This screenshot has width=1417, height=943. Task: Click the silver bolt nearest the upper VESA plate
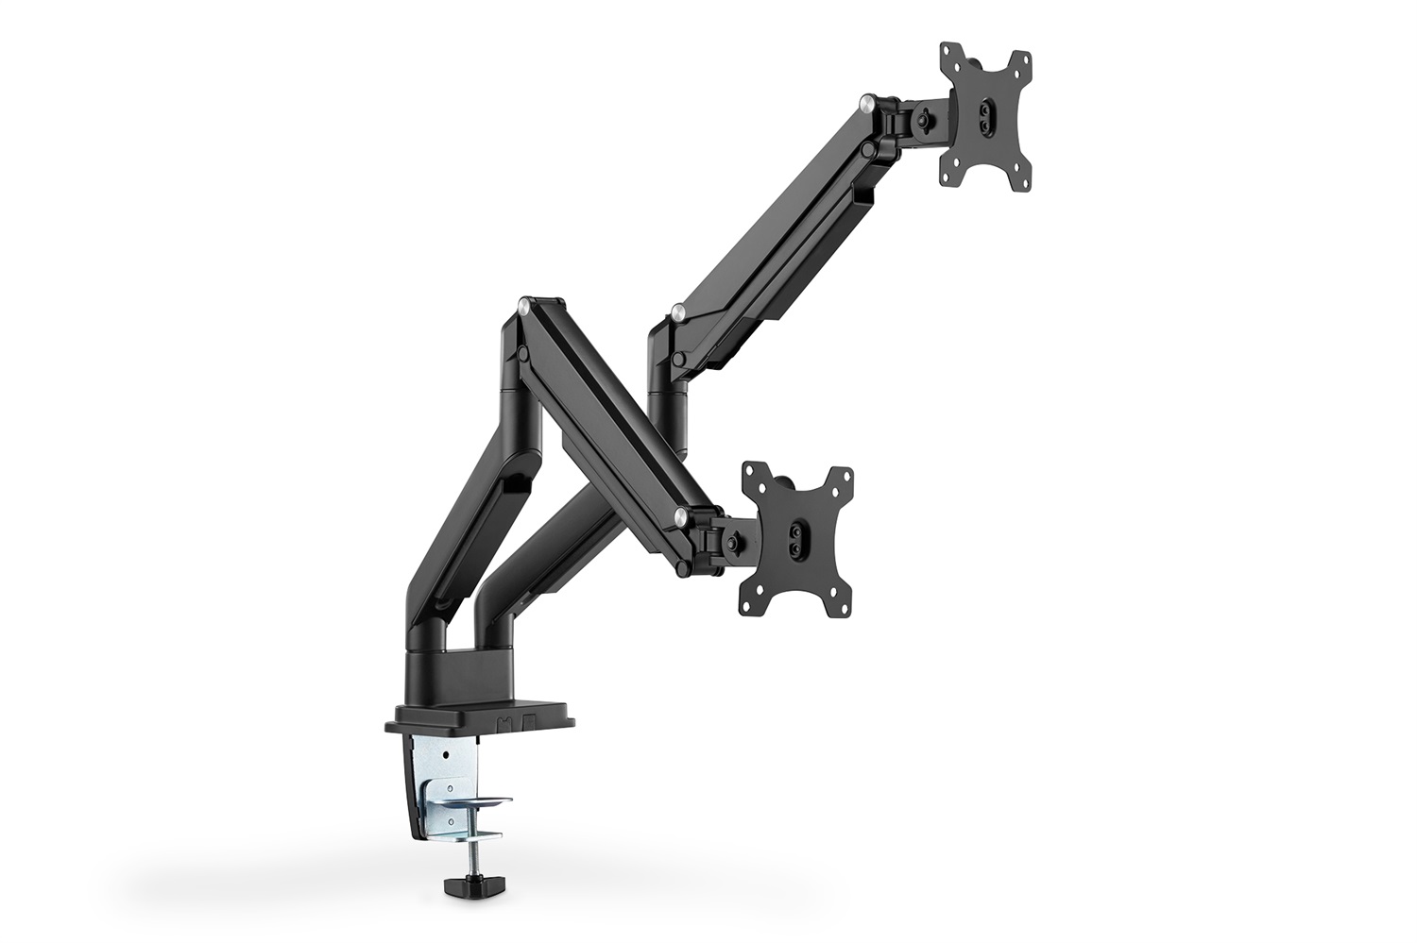(866, 99)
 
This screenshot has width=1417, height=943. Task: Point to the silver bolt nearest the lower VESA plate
(680, 514)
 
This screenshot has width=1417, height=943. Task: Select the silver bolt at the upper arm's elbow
(677, 310)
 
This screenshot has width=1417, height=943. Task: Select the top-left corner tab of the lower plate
(754, 472)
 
